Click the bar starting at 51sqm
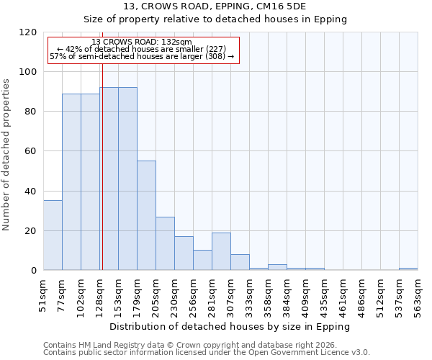point(53,235)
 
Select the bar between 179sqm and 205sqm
point(146,215)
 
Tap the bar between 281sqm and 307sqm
point(221,251)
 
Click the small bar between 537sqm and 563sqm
point(408,269)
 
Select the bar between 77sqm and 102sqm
point(71,181)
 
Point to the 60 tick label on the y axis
point(30,151)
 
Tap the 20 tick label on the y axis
point(30,231)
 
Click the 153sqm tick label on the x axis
point(119,294)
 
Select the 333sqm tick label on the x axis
point(250,294)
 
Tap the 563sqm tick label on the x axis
point(418,294)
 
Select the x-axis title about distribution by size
point(230,326)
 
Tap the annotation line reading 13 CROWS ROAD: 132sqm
point(142,42)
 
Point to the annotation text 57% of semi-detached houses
point(142,56)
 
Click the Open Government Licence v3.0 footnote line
point(206,352)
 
